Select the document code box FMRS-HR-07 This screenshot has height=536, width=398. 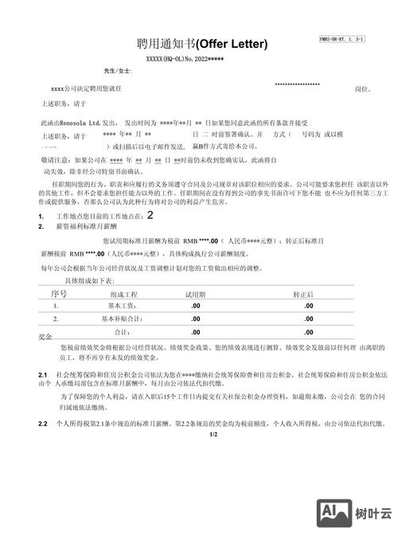click(x=341, y=38)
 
